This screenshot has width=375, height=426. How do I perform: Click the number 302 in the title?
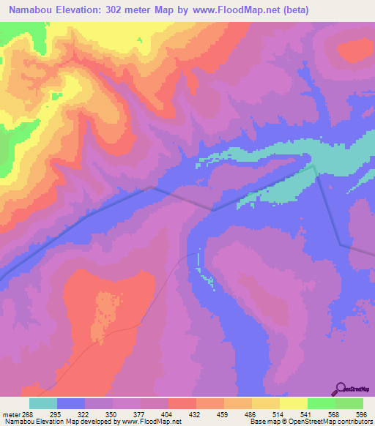coord(121,10)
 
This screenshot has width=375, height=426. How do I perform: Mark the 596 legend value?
coord(360,414)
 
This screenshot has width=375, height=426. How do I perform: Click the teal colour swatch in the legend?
coord(43,403)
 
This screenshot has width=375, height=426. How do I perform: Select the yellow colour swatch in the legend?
coord(294,403)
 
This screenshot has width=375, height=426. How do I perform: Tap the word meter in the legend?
coord(7,414)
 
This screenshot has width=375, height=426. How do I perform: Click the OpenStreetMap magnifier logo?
coord(340,389)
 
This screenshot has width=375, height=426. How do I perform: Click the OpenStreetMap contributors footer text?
coord(336,422)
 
